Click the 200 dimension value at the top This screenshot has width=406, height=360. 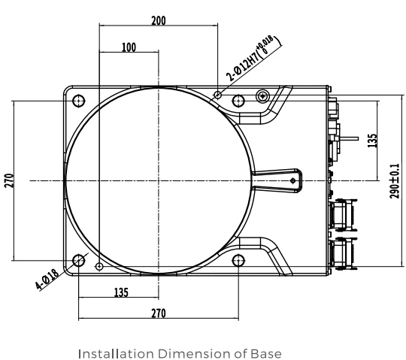(159, 21)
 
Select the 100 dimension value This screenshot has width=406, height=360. (129, 47)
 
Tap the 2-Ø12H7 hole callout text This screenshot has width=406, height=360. (250, 58)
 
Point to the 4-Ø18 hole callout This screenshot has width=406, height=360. (47, 280)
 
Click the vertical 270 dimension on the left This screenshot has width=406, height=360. (9, 180)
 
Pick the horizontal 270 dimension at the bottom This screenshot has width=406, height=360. (159, 313)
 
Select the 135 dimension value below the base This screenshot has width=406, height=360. (121, 292)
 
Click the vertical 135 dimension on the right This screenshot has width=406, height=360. (372, 141)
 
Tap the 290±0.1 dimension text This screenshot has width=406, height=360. (395, 181)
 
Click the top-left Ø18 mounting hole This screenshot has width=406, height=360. (78, 101)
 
